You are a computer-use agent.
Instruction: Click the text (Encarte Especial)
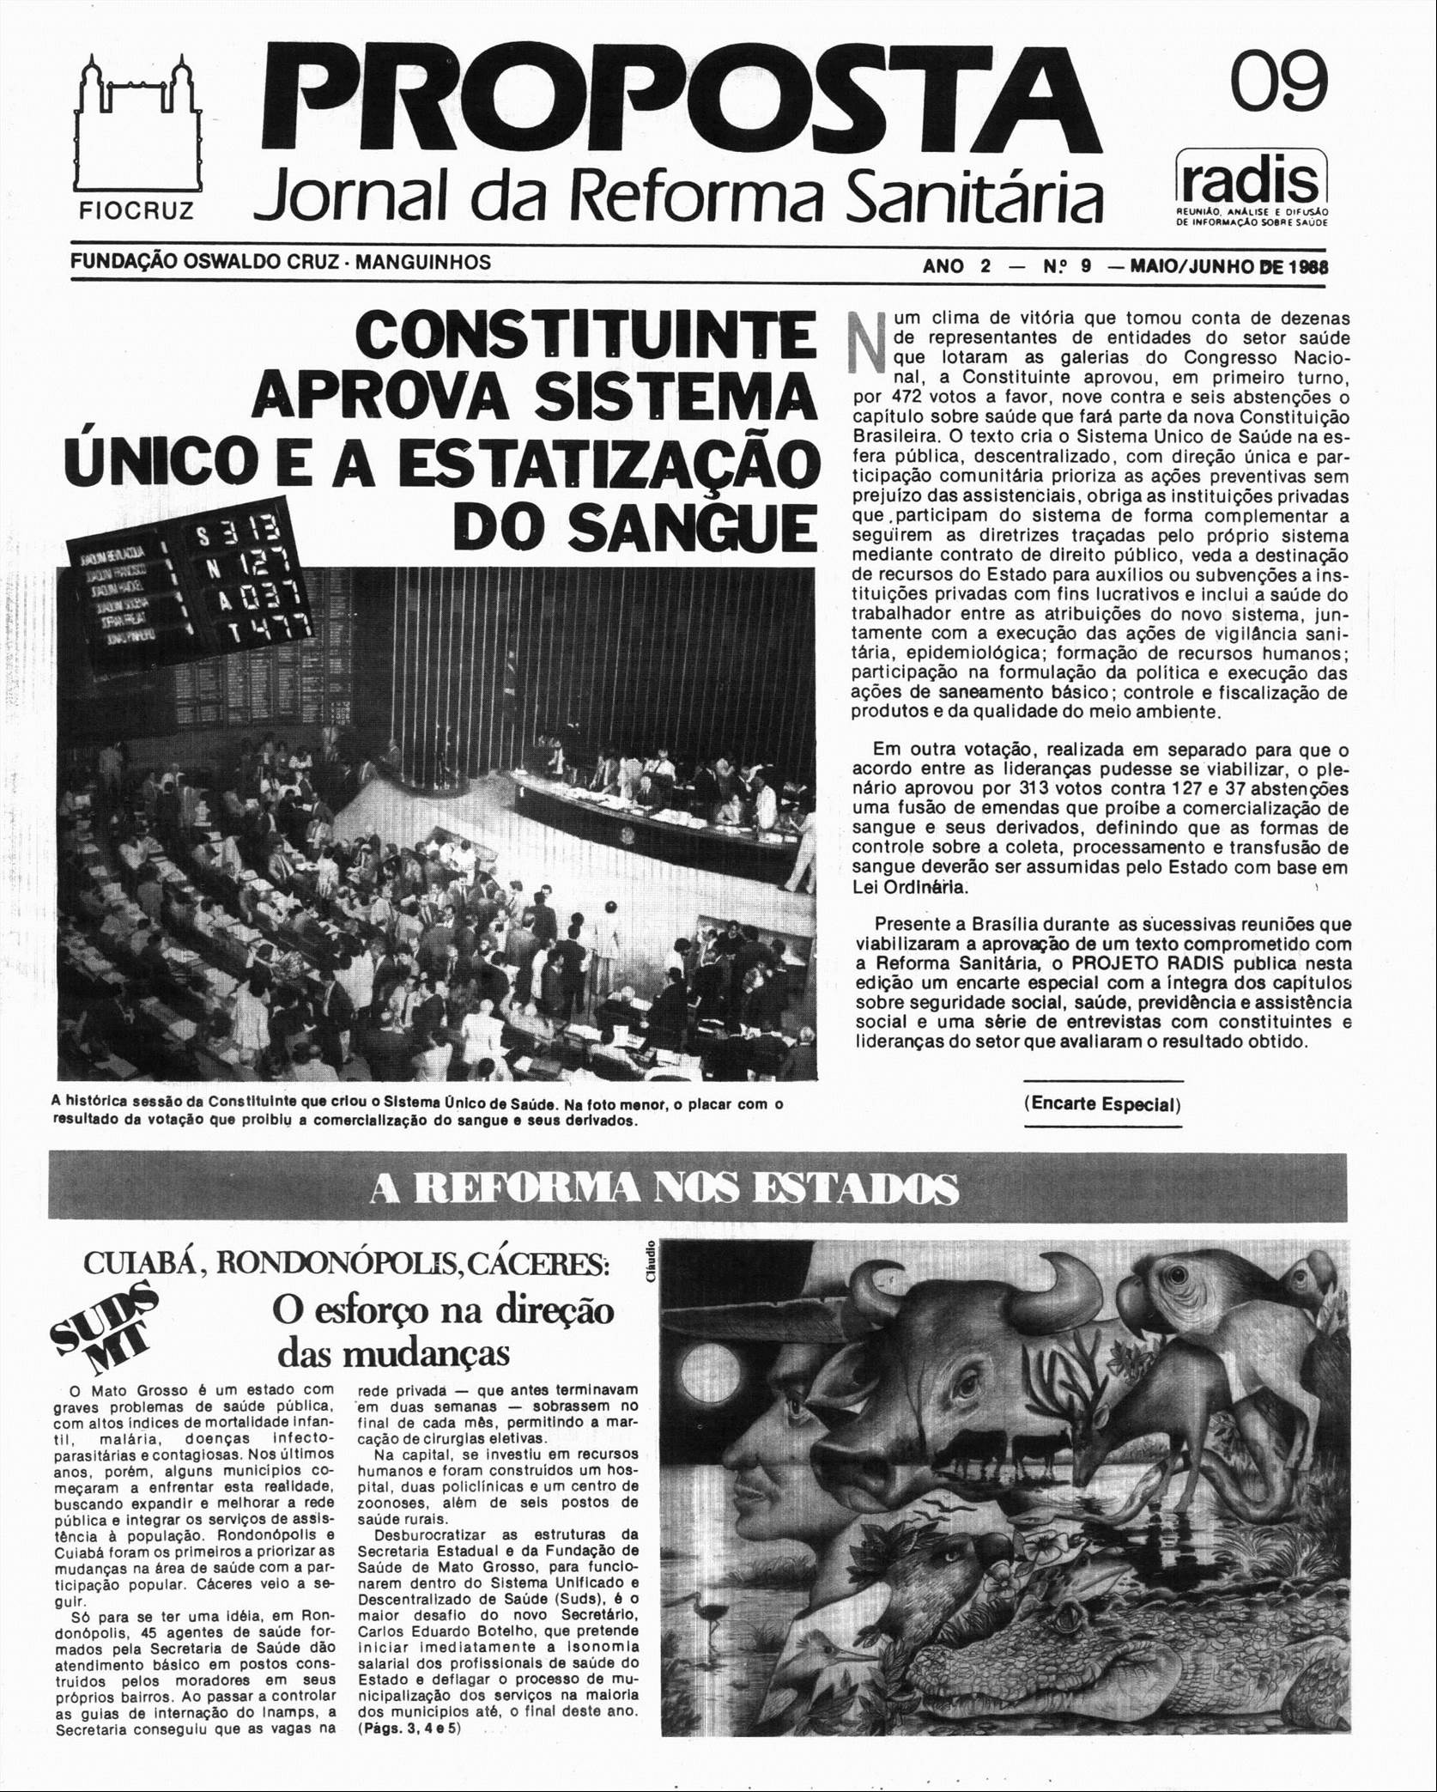[1103, 1103]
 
